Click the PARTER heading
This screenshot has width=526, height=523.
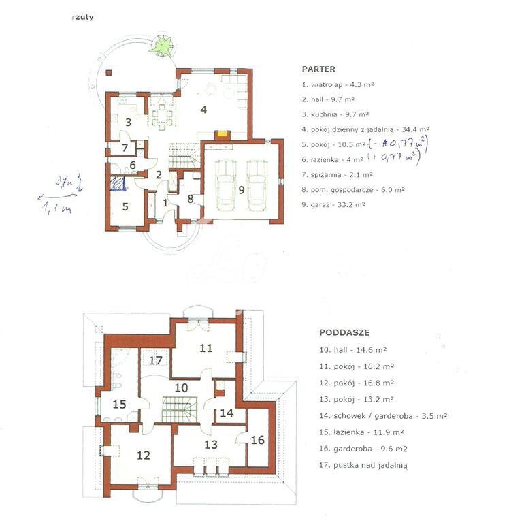318,69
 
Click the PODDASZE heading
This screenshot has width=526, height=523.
344,333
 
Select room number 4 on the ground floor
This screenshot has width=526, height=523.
202,109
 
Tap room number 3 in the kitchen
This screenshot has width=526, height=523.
127,122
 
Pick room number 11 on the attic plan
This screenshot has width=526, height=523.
206,348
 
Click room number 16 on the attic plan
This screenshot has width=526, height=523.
257,440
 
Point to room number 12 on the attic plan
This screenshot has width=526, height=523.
143,456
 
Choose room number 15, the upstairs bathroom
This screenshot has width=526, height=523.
119,404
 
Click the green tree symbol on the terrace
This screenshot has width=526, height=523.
162,46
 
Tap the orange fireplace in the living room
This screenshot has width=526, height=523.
222,134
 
